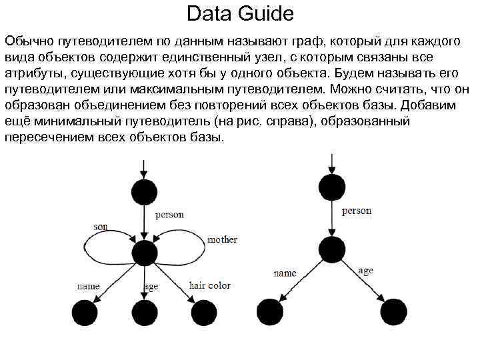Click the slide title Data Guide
pos(240,13)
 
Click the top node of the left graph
pos(144,192)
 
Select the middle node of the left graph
pos(144,253)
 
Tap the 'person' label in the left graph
pos(169,215)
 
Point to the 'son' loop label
pos(100,227)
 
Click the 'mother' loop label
pos(222,239)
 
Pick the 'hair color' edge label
pos(210,285)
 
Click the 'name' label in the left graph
pos(88,286)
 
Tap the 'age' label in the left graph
pos(151,287)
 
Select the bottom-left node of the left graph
pos(84,313)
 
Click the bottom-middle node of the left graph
pos(144,313)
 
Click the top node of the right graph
pos(332,187)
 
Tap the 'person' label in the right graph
pos(357,211)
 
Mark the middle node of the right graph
pos(332,249)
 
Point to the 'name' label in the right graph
pos(285,273)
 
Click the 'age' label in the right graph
pos(365,271)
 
